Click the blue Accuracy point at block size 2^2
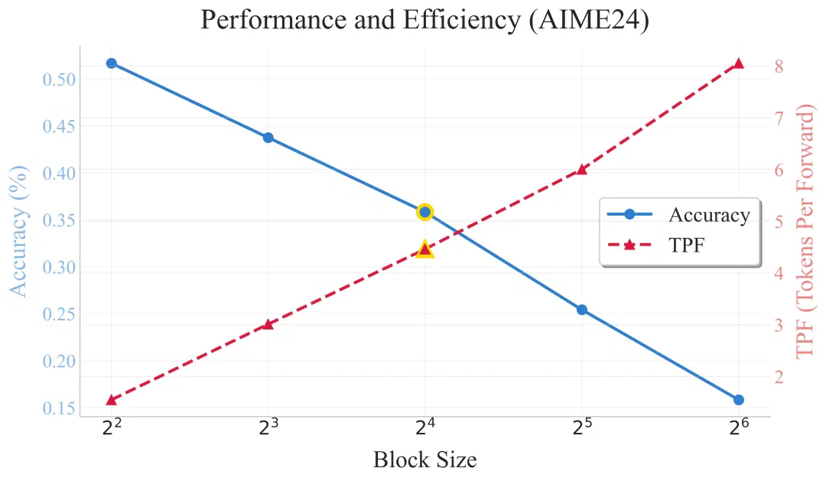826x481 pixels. tap(111, 63)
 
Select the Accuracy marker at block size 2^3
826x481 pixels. tap(268, 138)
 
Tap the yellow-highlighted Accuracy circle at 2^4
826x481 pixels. tap(425, 213)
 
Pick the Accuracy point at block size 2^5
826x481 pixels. tap(581, 310)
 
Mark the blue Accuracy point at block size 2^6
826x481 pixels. tap(739, 400)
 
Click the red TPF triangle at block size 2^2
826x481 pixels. tap(111, 400)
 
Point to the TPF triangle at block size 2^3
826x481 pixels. tap(268, 324)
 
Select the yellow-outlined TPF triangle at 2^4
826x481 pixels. tap(425, 249)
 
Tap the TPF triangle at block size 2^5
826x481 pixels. tap(581, 169)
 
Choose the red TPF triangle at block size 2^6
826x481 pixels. tap(739, 63)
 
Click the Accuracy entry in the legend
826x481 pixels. tap(679, 215)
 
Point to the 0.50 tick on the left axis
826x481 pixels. tap(59, 80)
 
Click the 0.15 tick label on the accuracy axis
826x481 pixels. tap(59, 408)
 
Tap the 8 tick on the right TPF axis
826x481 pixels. tap(779, 67)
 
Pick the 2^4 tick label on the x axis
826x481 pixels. tap(425, 427)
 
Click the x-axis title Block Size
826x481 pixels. tap(425, 460)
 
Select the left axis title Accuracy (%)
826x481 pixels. tap(19, 231)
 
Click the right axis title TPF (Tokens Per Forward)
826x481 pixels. tap(805, 232)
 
